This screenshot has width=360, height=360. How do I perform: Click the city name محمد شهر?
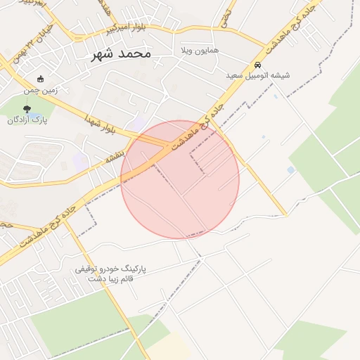click(121, 53)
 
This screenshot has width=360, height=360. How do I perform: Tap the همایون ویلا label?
click(195, 51)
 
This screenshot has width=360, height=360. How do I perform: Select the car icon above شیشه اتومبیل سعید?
click(257, 64)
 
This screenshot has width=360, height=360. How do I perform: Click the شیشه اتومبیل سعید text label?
click(257, 75)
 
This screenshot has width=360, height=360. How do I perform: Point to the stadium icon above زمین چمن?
click(40, 79)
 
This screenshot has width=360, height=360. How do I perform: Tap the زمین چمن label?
click(40, 90)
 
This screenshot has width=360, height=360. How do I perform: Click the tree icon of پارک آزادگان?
click(27, 109)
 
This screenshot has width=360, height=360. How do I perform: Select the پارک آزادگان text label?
click(27, 120)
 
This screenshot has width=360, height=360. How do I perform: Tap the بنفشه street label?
click(115, 156)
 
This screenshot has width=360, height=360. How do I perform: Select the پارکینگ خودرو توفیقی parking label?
click(111, 269)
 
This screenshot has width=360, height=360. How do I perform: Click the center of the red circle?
click(180, 179)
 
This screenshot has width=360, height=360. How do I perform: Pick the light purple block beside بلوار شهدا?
click(139, 124)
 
